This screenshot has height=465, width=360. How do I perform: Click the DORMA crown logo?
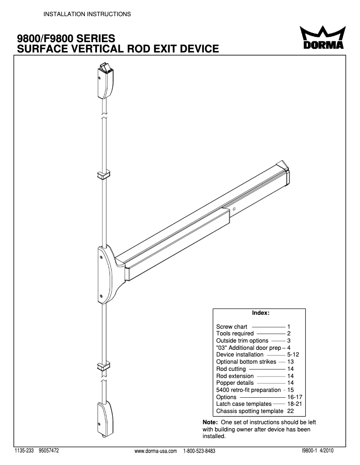[322, 39]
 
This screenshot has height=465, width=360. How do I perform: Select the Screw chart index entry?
[232, 327]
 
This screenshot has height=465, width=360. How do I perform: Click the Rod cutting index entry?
[231, 369]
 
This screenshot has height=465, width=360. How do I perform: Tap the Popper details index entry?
[235, 383]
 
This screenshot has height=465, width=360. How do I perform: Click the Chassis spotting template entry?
[250, 411]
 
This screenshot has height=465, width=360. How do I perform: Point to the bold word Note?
[210, 422]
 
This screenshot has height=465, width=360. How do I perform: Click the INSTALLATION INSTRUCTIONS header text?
[87, 14]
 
